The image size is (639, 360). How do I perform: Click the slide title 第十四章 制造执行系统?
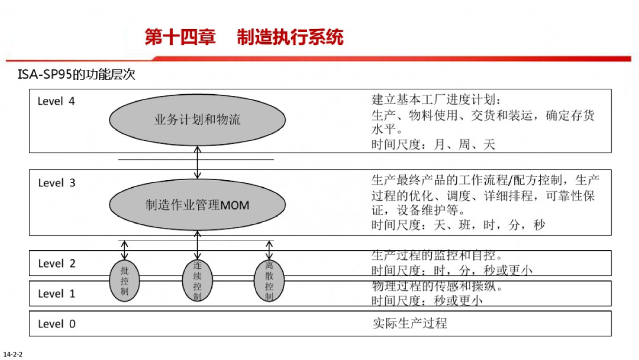pos(244,37)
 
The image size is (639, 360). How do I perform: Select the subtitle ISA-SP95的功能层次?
pos(77,76)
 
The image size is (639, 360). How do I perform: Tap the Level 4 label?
pos(56,101)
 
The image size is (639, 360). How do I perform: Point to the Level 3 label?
pos(56,183)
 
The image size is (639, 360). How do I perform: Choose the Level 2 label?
pos(56,263)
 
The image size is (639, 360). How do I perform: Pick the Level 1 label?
pos(56,294)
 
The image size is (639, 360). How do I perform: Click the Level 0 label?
pos(56,324)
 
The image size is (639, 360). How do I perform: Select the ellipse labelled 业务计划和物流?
pos(198,120)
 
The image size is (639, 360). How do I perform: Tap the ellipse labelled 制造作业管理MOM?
pos(198,205)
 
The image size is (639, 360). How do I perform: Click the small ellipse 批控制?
pos(124,280)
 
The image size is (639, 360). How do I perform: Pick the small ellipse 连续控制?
pos(197,280)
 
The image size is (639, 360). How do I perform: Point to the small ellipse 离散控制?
pos(269,280)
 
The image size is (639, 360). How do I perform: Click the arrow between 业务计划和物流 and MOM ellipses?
pos(198,162)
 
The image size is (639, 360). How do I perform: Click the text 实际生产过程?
pos(409,323)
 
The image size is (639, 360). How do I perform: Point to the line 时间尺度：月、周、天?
pos(433,144)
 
